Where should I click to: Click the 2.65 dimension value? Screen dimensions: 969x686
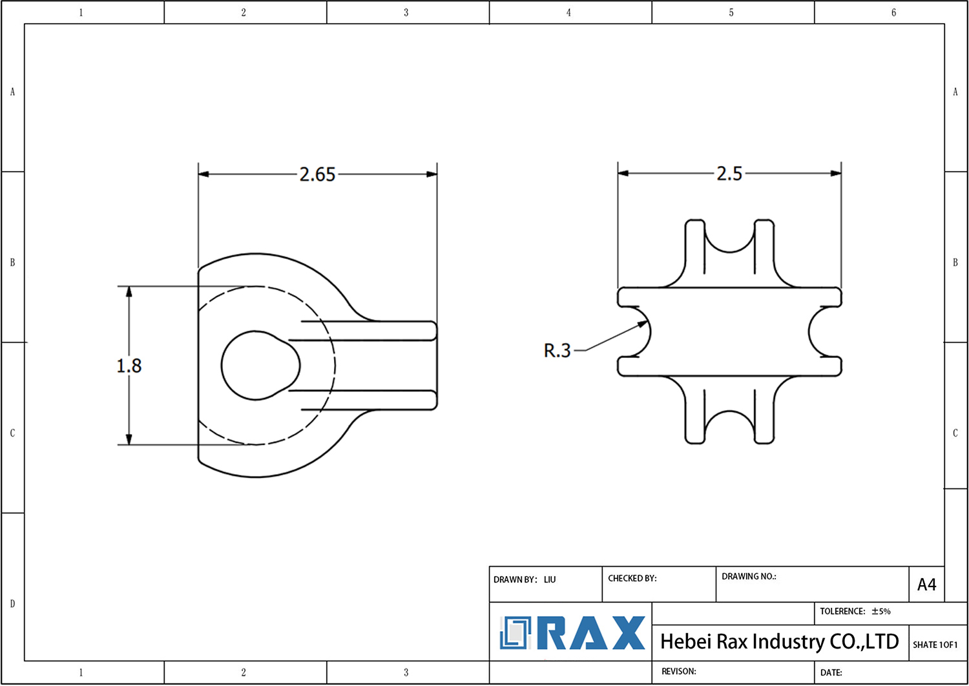pos(317,174)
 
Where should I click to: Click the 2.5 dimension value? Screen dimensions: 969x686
pos(729,174)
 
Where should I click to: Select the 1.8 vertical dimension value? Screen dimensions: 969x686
pos(129,366)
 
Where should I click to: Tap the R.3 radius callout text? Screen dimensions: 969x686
pos(557,351)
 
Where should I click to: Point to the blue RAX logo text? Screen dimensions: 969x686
pos(591,633)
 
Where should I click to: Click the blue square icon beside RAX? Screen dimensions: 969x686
pos(515,633)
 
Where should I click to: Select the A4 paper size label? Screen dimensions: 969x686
pos(926,585)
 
